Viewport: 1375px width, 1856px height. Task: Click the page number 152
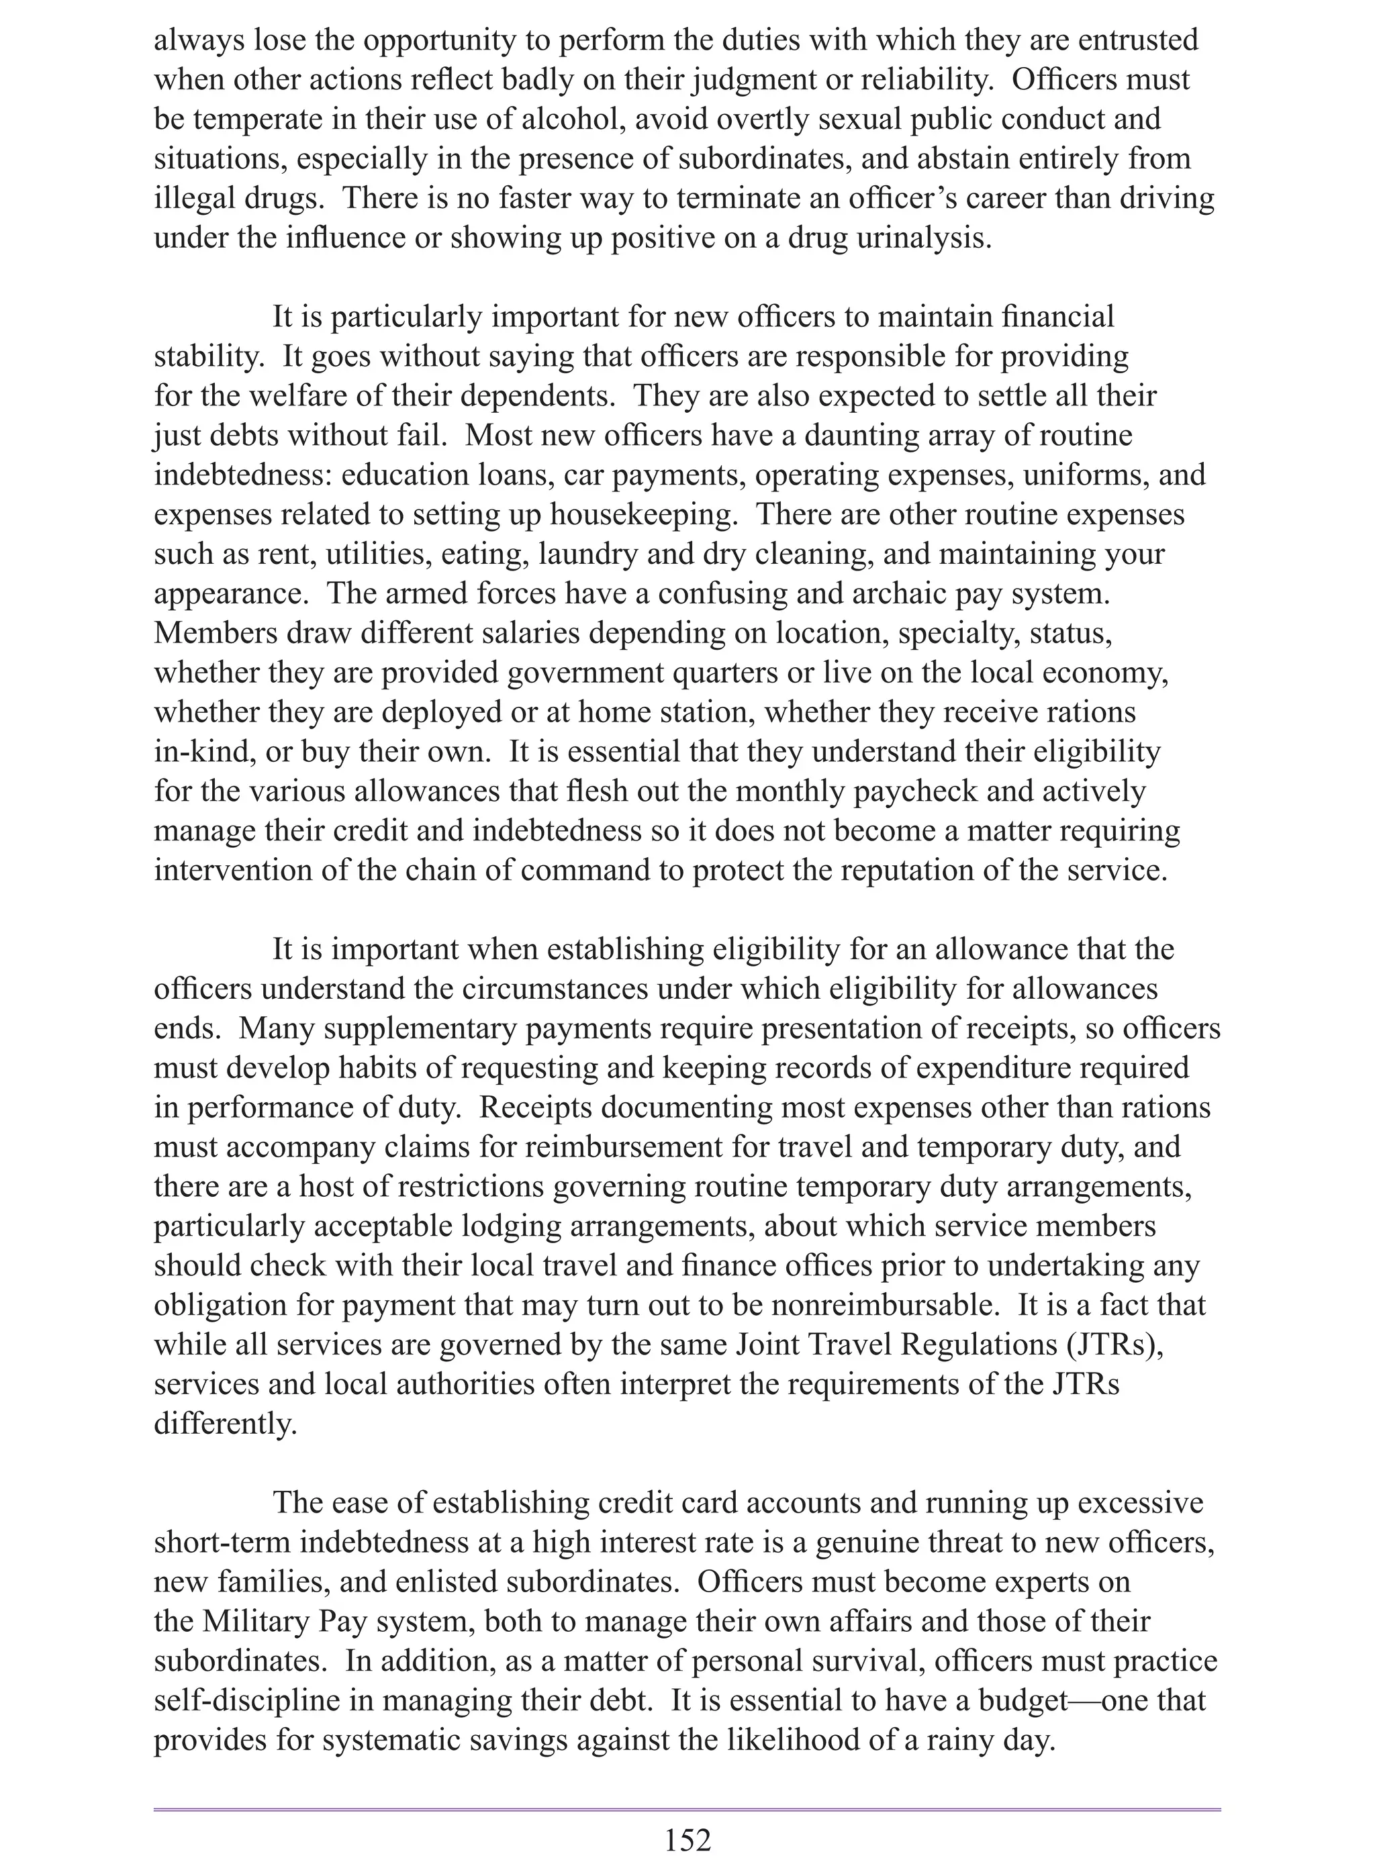click(687, 1839)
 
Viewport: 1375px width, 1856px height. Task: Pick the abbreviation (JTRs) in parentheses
click(1112, 1345)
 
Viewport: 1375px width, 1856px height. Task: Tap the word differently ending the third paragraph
click(226, 1424)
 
